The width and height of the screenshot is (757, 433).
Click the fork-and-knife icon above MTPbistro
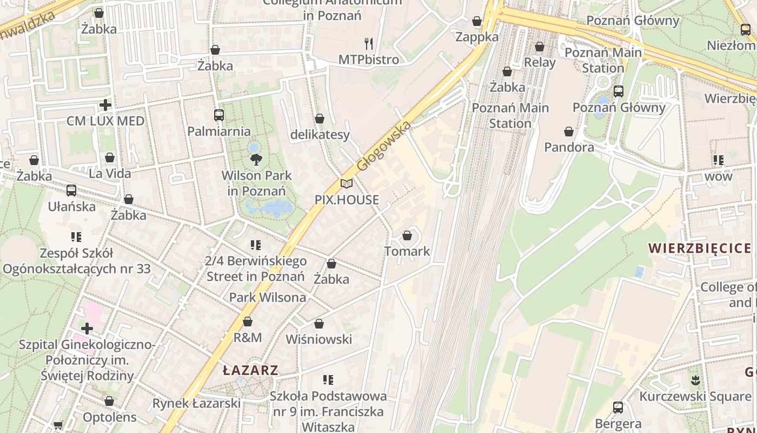coord(369,43)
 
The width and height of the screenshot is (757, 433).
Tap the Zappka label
coord(476,37)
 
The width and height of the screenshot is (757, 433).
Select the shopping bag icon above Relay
coord(539,47)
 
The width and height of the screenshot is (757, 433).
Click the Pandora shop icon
coord(568,132)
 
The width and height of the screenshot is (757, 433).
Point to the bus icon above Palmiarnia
coord(218,115)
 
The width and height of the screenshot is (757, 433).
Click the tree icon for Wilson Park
coord(256,160)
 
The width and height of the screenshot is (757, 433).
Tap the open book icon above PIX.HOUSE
coord(347,184)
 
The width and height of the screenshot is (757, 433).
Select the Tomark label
coord(407,251)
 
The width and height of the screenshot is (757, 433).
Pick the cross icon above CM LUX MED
coord(105,104)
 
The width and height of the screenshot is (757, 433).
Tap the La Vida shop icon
coord(110,158)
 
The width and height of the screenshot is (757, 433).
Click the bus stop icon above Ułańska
coord(71,191)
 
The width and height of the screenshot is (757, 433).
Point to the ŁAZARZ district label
coord(250,371)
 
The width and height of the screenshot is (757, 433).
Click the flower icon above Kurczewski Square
coord(695,380)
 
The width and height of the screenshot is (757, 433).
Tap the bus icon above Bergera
coord(617,408)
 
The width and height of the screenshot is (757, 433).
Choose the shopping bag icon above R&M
coord(247,322)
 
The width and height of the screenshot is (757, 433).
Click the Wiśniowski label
coord(318,339)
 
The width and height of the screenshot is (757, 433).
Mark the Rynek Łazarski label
coord(196,403)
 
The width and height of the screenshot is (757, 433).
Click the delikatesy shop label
coord(320,135)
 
